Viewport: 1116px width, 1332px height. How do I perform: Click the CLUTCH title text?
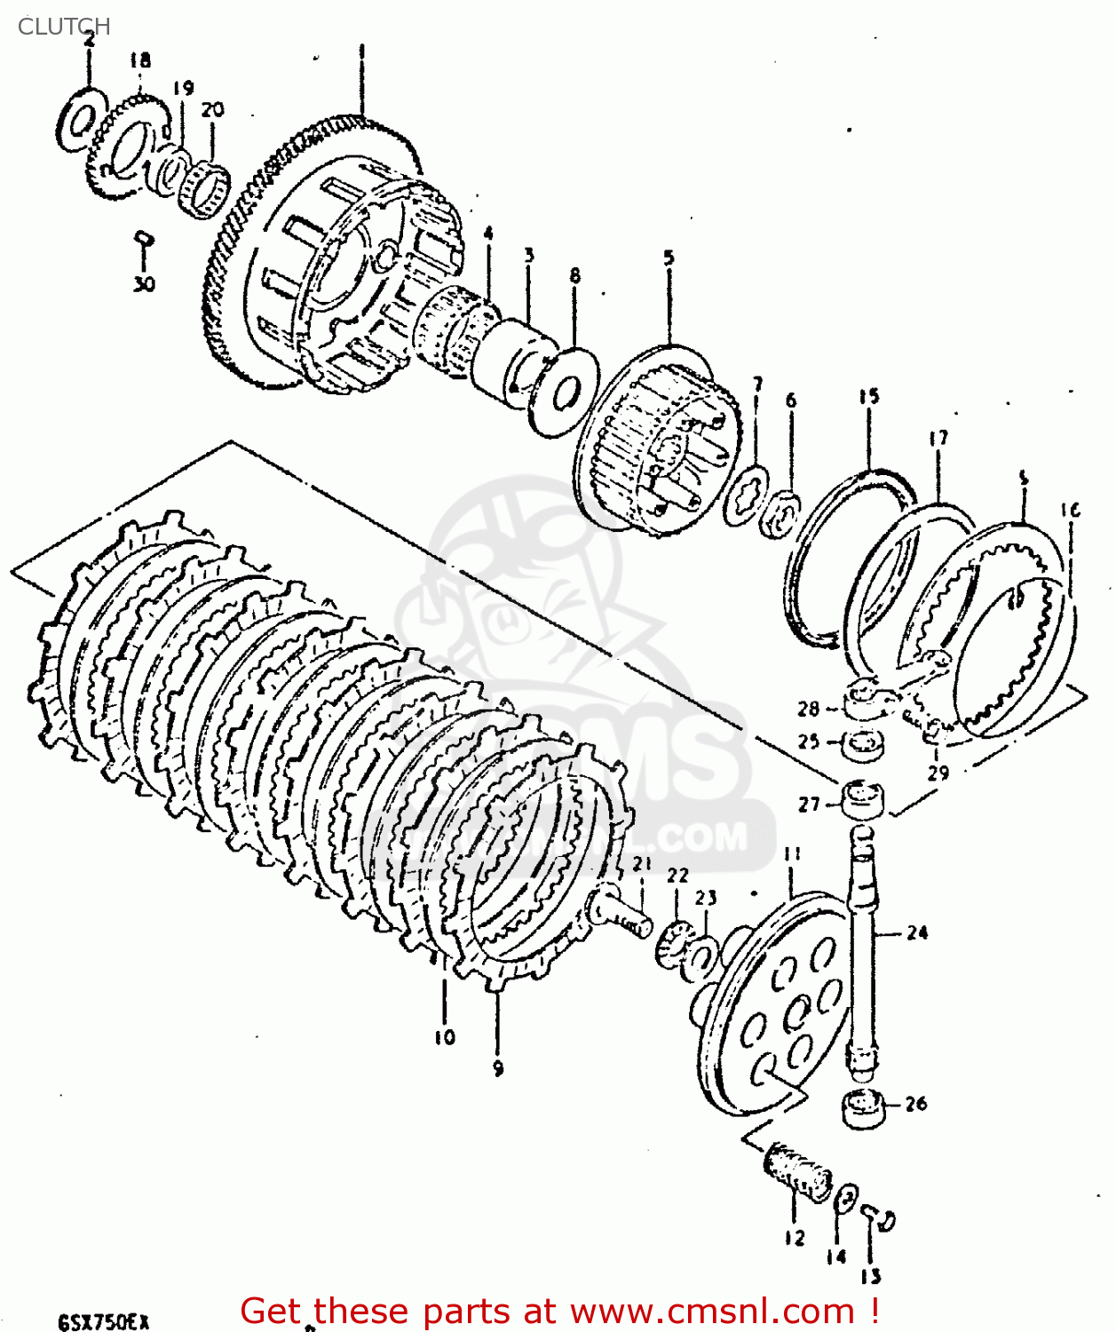point(64,27)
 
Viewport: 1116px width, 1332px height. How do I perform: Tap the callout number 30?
point(144,284)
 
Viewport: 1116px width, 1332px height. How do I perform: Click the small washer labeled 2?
point(80,120)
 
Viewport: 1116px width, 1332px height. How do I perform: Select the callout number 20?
point(212,110)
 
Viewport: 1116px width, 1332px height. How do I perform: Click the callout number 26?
point(916,1104)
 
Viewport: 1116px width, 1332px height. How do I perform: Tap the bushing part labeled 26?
point(864,1109)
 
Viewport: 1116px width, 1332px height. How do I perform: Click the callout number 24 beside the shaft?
point(917,932)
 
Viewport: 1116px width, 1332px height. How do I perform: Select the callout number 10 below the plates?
point(445,1036)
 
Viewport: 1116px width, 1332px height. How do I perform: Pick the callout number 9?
point(498,1068)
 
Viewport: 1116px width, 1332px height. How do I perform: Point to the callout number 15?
point(868,396)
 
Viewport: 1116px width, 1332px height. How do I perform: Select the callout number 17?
point(938,438)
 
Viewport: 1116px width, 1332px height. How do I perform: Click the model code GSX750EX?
point(103,1321)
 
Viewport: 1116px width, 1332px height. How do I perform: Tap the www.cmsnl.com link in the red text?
point(711,1311)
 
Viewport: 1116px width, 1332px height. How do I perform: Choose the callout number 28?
point(808,709)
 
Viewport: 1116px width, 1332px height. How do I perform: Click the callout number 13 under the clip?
point(870,1277)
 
